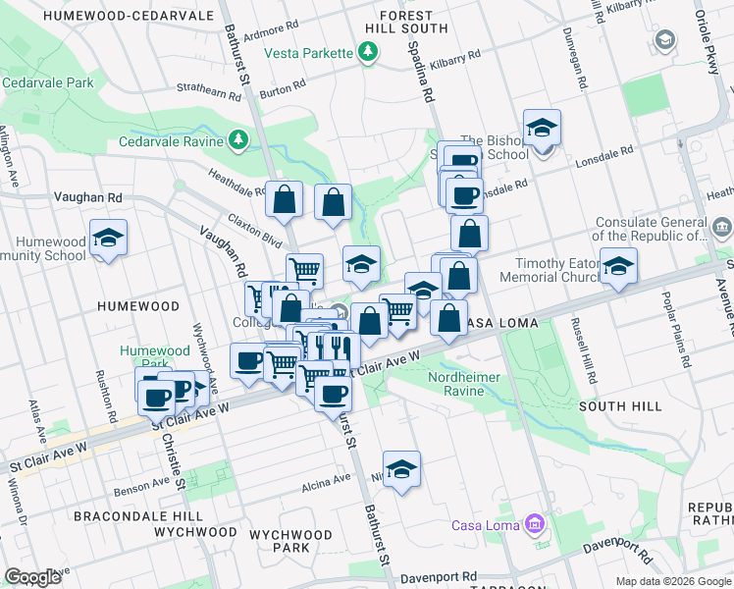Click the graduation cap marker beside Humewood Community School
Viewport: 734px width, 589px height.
(108, 239)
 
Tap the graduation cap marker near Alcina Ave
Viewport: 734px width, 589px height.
(401, 471)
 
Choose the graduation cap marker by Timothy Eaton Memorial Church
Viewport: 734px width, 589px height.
(618, 267)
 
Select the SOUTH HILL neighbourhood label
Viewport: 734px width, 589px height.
(620, 405)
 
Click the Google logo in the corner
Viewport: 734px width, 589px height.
(32, 577)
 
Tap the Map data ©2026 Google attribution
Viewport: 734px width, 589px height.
(672, 581)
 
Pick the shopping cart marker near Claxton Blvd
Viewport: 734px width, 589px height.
(304, 270)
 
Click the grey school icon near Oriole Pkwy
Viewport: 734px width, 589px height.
(664, 39)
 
